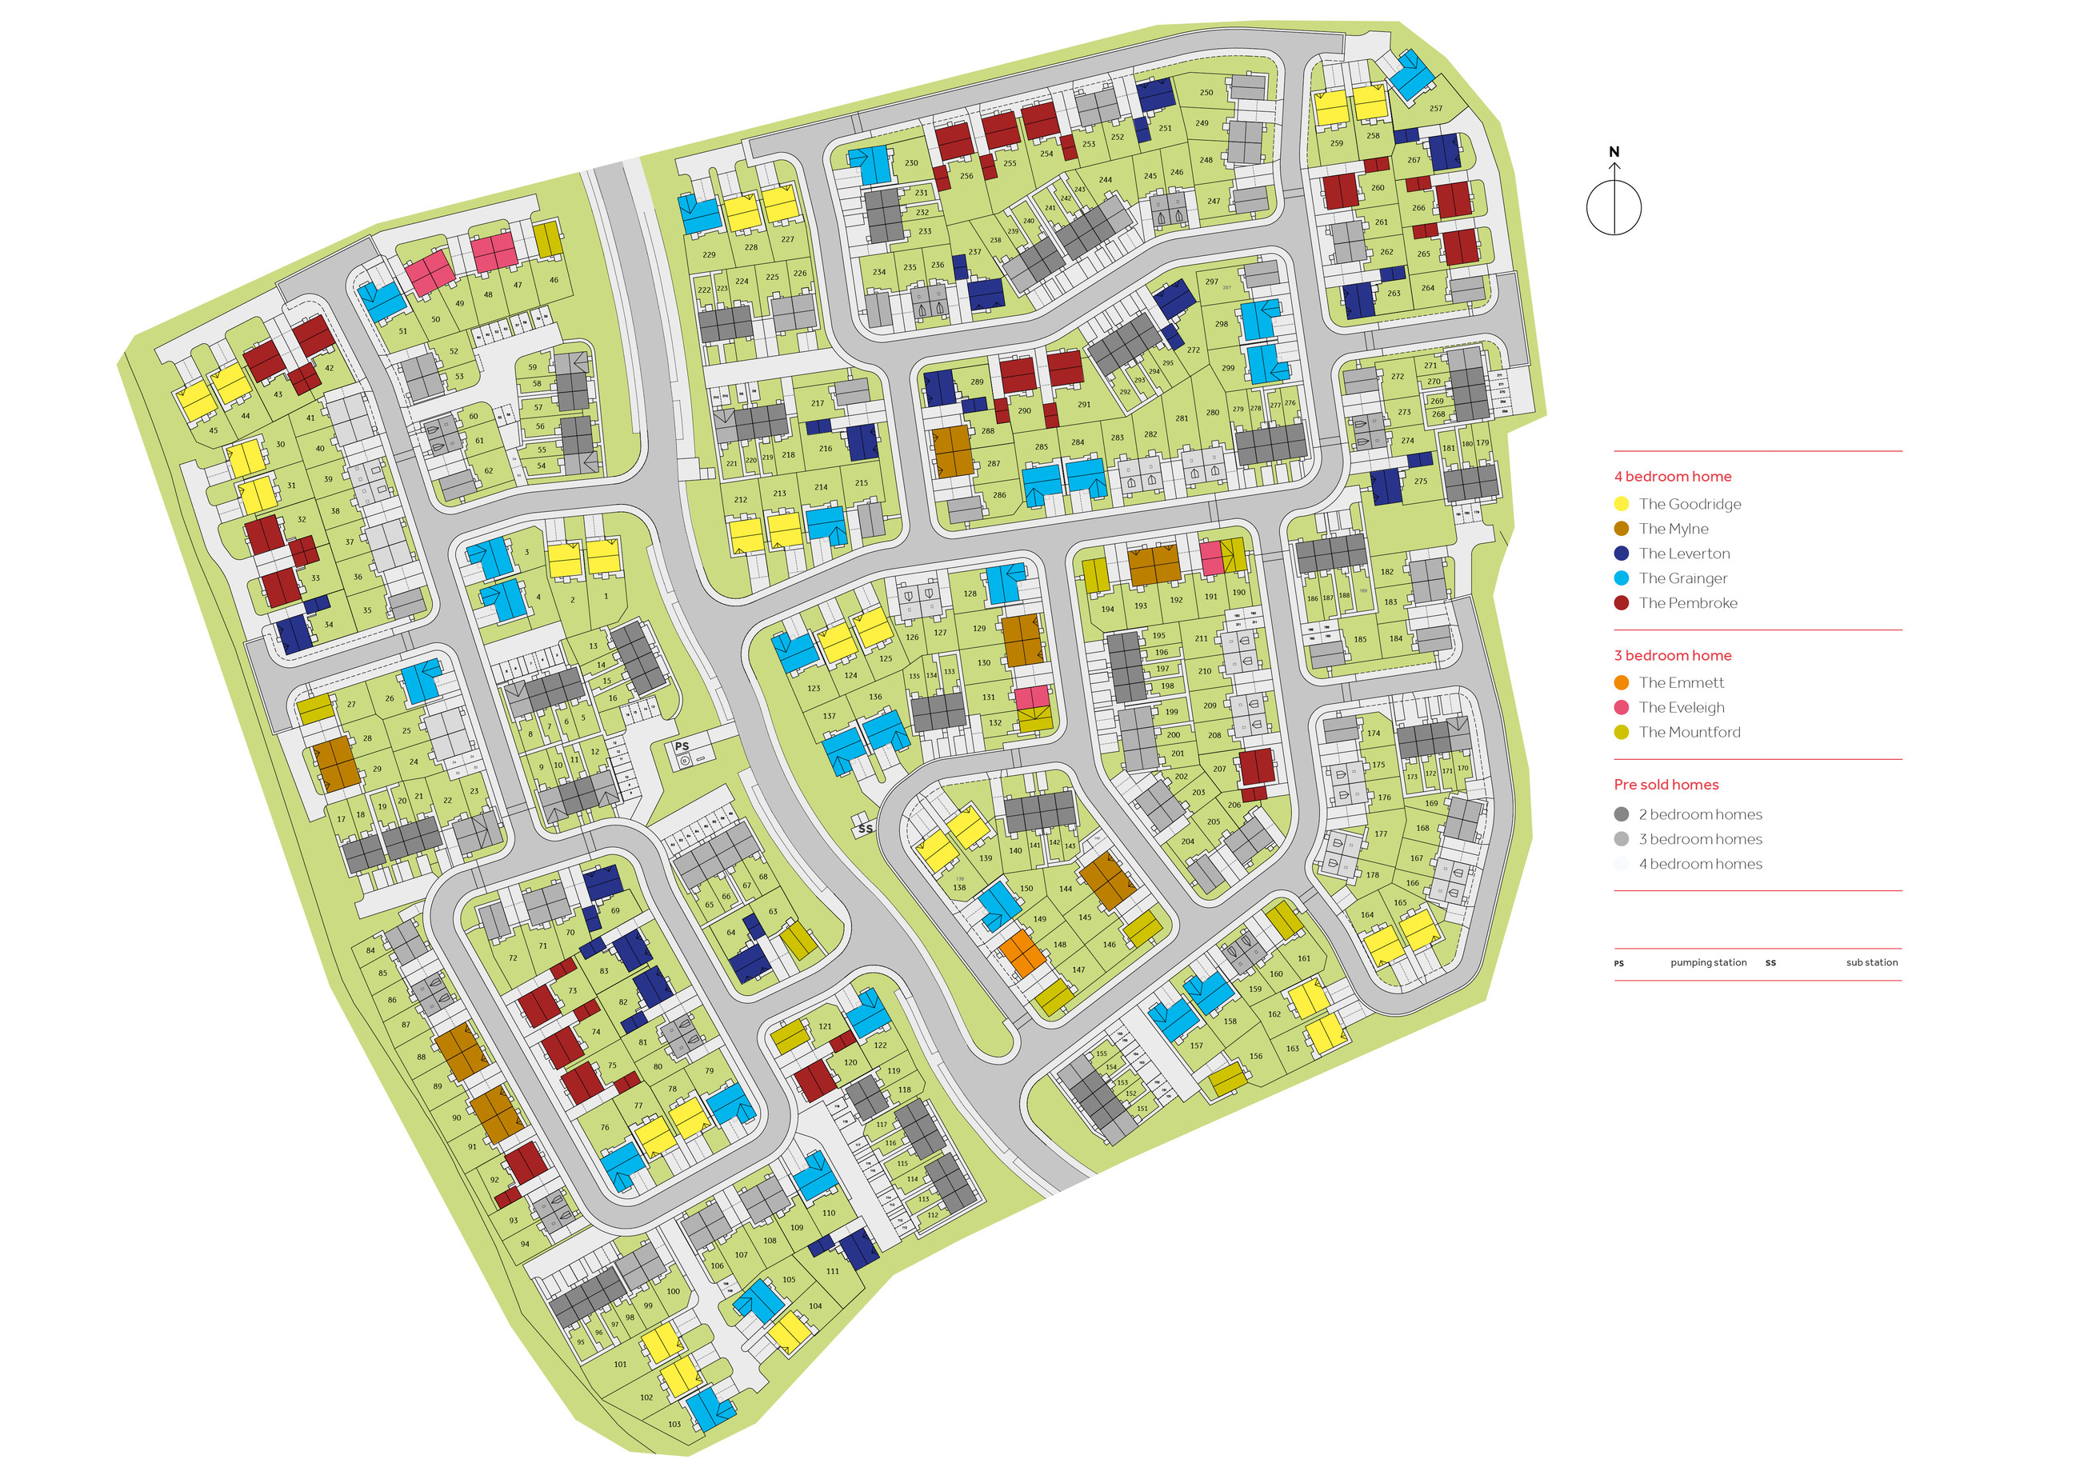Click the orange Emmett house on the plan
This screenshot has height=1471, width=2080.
tap(1022, 953)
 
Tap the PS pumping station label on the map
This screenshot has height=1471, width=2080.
tap(682, 746)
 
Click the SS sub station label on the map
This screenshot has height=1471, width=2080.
tap(865, 828)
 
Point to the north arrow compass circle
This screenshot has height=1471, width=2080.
tap(1614, 207)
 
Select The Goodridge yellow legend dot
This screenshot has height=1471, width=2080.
tap(1621, 504)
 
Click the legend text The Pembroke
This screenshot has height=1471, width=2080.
tap(1687, 602)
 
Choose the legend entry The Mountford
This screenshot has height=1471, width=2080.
tap(1689, 732)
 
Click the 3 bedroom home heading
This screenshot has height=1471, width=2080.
tap(1671, 655)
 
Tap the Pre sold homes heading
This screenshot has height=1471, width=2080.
tap(1665, 785)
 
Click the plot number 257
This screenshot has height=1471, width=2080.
tap(1435, 109)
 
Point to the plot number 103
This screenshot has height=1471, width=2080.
tap(674, 1424)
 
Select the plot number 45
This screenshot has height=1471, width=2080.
tap(213, 430)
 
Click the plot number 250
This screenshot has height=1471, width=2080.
tap(1206, 93)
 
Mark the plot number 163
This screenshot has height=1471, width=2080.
tap(1292, 1048)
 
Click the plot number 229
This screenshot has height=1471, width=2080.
tap(709, 254)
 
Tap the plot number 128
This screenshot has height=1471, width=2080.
tap(970, 594)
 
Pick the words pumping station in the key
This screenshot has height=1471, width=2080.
tap(1708, 963)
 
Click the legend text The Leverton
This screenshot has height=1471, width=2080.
tap(1683, 554)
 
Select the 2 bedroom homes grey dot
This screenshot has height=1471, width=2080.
tap(1621, 814)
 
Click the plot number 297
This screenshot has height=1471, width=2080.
tap(1211, 282)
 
